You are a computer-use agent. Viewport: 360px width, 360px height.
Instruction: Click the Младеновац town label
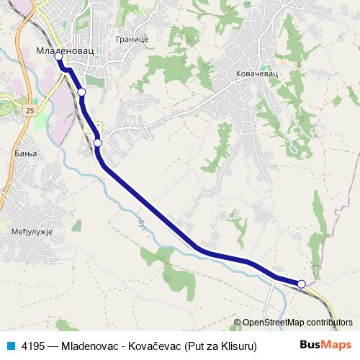tap(65, 51)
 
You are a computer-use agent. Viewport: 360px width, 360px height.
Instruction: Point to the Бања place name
tap(24, 155)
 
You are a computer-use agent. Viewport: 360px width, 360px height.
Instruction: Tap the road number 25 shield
tap(29, 110)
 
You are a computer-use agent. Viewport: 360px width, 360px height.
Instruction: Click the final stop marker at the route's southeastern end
tap(302, 284)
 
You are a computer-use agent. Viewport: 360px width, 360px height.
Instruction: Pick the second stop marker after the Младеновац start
tap(82, 92)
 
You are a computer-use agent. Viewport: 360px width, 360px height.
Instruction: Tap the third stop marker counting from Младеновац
tap(98, 143)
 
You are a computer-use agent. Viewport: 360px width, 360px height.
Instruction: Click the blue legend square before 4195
tap(10, 346)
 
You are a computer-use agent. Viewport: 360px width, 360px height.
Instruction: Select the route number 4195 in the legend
tap(33, 346)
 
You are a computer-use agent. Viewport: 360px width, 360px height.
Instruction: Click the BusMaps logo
tap(326, 345)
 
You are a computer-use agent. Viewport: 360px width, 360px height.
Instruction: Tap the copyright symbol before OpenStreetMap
tap(238, 323)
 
